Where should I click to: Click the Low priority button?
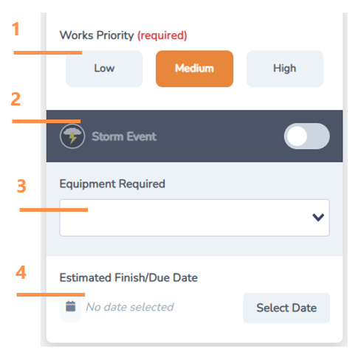(x=104, y=69)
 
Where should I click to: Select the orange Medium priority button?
(x=194, y=69)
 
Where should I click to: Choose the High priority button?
(x=284, y=69)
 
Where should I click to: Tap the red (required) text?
(x=162, y=35)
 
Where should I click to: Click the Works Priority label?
(x=97, y=35)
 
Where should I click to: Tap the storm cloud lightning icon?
(x=72, y=136)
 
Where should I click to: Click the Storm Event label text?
(x=124, y=136)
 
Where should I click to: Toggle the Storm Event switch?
(x=306, y=136)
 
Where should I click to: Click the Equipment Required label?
(x=112, y=184)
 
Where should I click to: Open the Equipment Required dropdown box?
(x=185, y=218)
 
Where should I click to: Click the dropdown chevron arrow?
(x=318, y=218)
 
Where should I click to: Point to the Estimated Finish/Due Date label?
(x=128, y=278)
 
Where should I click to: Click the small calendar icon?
(x=71, y=306)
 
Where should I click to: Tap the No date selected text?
(x=130, y=307)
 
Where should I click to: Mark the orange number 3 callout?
(x=22, y=186)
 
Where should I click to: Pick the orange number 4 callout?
(x=21, y=272)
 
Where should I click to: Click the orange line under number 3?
(x=53, y=210)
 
